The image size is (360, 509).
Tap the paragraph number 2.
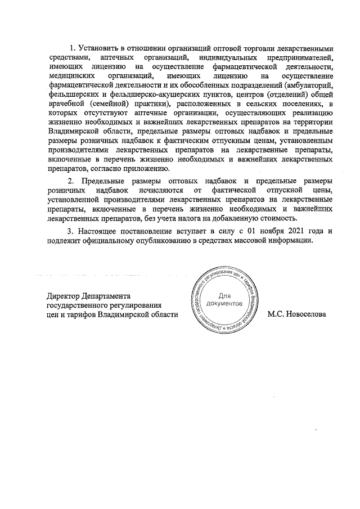(70, 181)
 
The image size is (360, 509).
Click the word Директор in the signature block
(64, 295)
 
